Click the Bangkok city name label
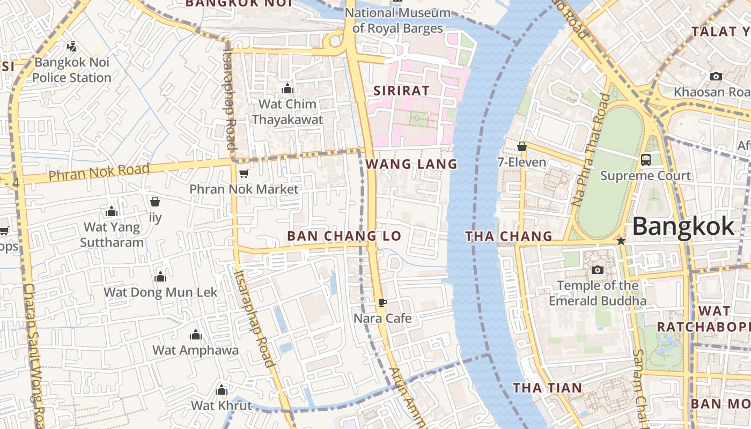[683, 226]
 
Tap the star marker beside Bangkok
[621, 241]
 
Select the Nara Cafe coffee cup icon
[382, 302]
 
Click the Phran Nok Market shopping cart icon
[244, 173]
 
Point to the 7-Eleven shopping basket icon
[521, 146]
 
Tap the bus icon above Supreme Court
[646, 159]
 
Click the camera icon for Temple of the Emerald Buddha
[597, 270]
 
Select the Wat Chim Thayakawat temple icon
[288, 88]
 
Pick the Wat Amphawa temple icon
[196, 335]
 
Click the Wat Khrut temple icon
[221, 390]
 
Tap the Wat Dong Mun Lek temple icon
[160, 277]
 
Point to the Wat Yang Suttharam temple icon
[112, 212]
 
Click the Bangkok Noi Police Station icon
[71, 47]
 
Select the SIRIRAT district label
[401, 91]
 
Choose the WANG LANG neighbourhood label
[411, 164]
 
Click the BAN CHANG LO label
[344, 236]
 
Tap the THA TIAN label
[547, 388]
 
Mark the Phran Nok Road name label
[99, 172]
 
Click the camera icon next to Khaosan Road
[716, 77]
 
